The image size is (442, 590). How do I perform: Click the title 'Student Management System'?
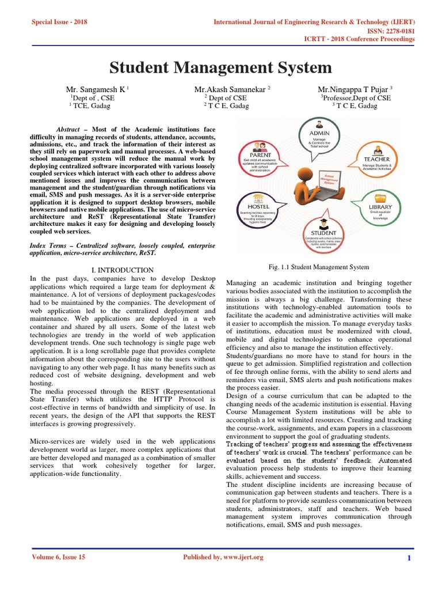[x=221, y=68]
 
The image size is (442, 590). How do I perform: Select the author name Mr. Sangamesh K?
[x=96, y=89]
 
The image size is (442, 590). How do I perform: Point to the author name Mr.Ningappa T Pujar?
[x=353, y=89]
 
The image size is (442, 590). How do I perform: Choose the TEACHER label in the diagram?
[x=376, y=159]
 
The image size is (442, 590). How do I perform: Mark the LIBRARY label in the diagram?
[x=380, y=207]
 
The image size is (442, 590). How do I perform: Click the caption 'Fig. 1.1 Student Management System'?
[x=319, y=267]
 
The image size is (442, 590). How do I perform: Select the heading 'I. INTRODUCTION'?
[x=123, y=270]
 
